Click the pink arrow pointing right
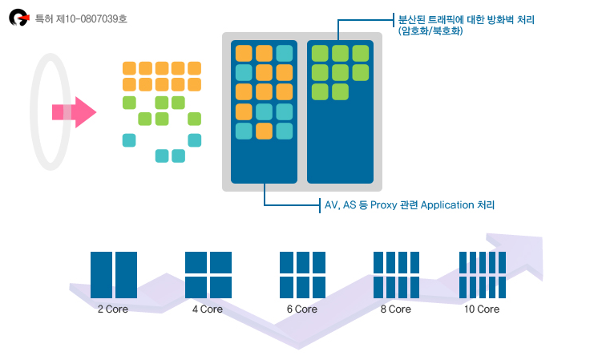[x=75, y=112]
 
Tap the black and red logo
[x=19, y=18]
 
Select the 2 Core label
[x=113, y=309]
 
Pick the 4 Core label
[x=207, y=309]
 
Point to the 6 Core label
[x=302, y=309]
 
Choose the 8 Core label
[x=396, y=309]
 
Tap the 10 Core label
[x=482, y=309]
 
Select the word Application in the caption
[x=447, y=205]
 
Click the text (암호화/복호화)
[x=430, y=30]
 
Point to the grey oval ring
[x=32, y=112]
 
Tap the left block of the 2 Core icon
[x=101, y=275]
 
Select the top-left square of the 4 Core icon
[x=196, y=262]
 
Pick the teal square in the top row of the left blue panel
[x=284, y=53]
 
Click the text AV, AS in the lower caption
[x=340, y=205]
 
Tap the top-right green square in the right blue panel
[x=360, y=53]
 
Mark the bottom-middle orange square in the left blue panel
[x=264, y=131]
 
